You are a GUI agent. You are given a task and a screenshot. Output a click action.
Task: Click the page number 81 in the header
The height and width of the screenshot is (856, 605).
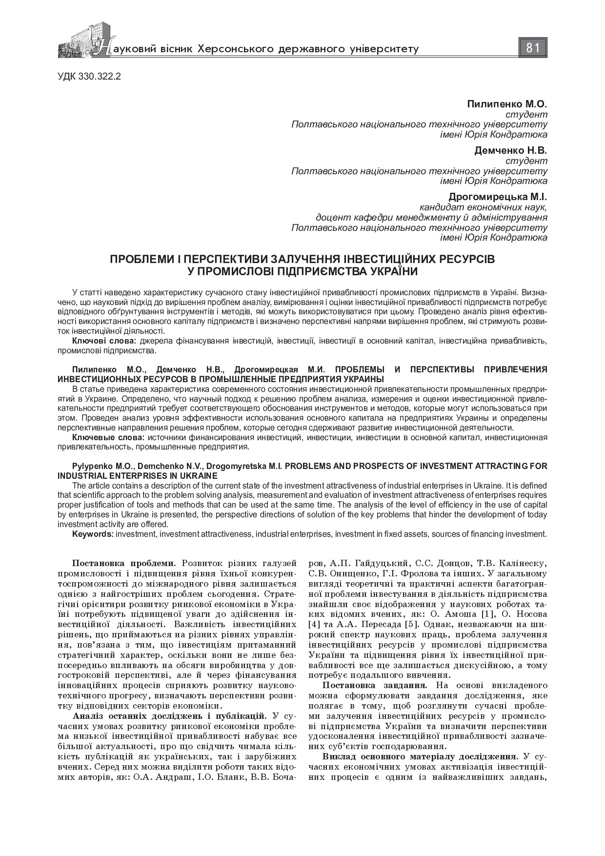click(x=533, y=48)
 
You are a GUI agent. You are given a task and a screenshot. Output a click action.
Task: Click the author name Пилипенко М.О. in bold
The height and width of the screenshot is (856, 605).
click(x=507, y=104)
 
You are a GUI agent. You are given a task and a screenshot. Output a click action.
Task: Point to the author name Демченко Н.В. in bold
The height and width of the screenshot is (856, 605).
click(x=510, y=150)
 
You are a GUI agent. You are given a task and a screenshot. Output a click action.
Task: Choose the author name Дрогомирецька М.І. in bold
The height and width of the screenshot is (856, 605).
click(x=498, y=197)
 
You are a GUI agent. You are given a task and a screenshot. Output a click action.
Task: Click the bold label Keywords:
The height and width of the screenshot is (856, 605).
click(x=92, y=534)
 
